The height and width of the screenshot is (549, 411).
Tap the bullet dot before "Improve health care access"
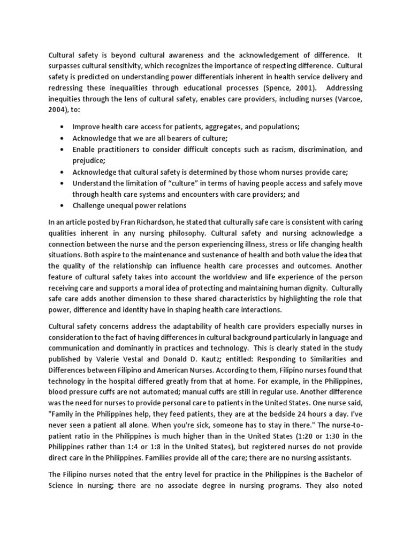pos(64,127)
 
